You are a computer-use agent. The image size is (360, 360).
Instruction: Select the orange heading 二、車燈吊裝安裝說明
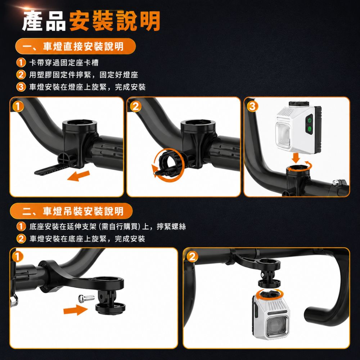click(x=71, y=211)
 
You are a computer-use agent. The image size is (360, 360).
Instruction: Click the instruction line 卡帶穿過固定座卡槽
click(x=64, y=63)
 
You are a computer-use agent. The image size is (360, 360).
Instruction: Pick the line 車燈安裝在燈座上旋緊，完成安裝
click(x=87, y=87)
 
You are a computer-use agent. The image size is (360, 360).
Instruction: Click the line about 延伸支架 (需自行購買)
click(x=107, y=226)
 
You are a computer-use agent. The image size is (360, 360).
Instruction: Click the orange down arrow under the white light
click(x=296, y=158)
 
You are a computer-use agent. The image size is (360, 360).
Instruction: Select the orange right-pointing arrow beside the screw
click(x=76, y=310)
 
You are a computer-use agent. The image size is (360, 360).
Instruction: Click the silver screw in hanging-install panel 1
click(x=86, y=298)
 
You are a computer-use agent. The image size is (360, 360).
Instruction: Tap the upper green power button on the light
click(x=309, y=120)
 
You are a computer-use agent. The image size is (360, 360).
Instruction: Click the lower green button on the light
click(x=309, y=129)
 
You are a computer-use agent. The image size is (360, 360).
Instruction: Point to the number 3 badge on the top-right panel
click(x=252, y=106)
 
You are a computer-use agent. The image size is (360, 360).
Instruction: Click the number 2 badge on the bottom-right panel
click(x=192, y=257)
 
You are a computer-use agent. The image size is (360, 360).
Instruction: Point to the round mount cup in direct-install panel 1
click(x=80, y=127)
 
